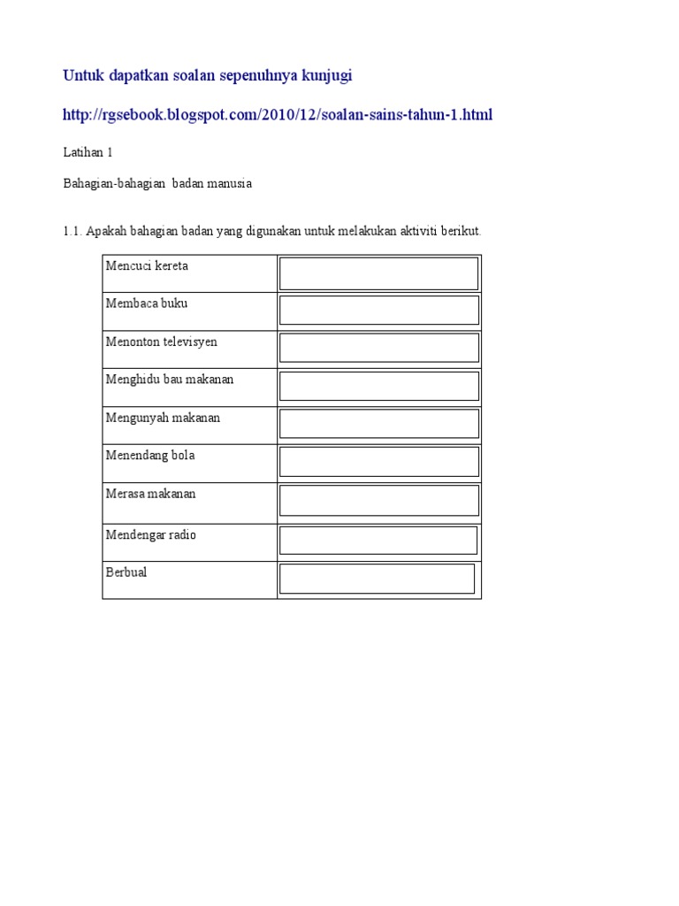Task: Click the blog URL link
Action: click(x=278, y=114)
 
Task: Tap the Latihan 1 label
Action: click(x=88, y=152)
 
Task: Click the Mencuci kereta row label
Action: click(x=147, y=265)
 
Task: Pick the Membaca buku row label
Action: click(x=147, y=303)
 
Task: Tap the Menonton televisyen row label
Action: click(x=162, y=342)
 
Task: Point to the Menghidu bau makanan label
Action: click(x=170, y=379)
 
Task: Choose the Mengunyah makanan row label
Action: click(x=163, y=418)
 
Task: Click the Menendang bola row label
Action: click(x=150, y=456)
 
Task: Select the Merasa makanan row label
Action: click(x=150, y=494)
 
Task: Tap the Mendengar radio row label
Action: click(x=151, y=534)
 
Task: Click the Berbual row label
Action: click(x=126, y=572)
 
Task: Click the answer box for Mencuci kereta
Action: click(x=378, y=273)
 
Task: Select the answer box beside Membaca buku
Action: click(x=378, y=311)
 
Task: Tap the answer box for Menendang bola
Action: click(x=378, y=462)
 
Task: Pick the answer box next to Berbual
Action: click(x=377, y=579)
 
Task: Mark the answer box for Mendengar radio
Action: click(x=378, y=540)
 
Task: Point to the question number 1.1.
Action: click(x=72, y=231)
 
